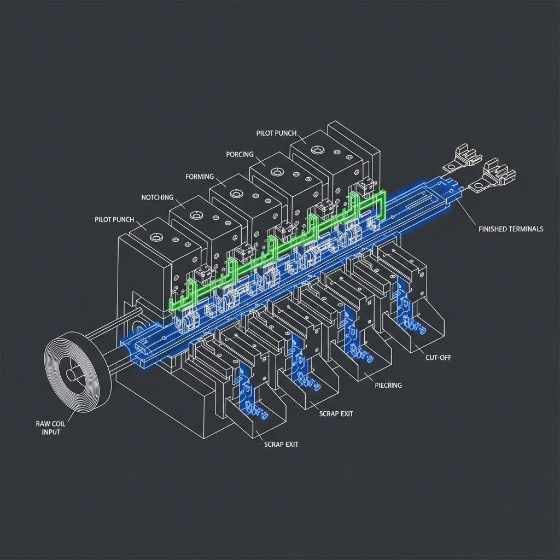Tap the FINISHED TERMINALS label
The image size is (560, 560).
[x=511, y=229]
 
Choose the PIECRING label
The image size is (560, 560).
[x=388, y=386]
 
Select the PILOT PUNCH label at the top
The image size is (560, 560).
[x=276, y=133]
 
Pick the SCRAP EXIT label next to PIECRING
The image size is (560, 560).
[x=336, y=414]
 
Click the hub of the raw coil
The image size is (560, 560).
[x=71, y=375]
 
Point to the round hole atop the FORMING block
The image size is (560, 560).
[x=237, y=194]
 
